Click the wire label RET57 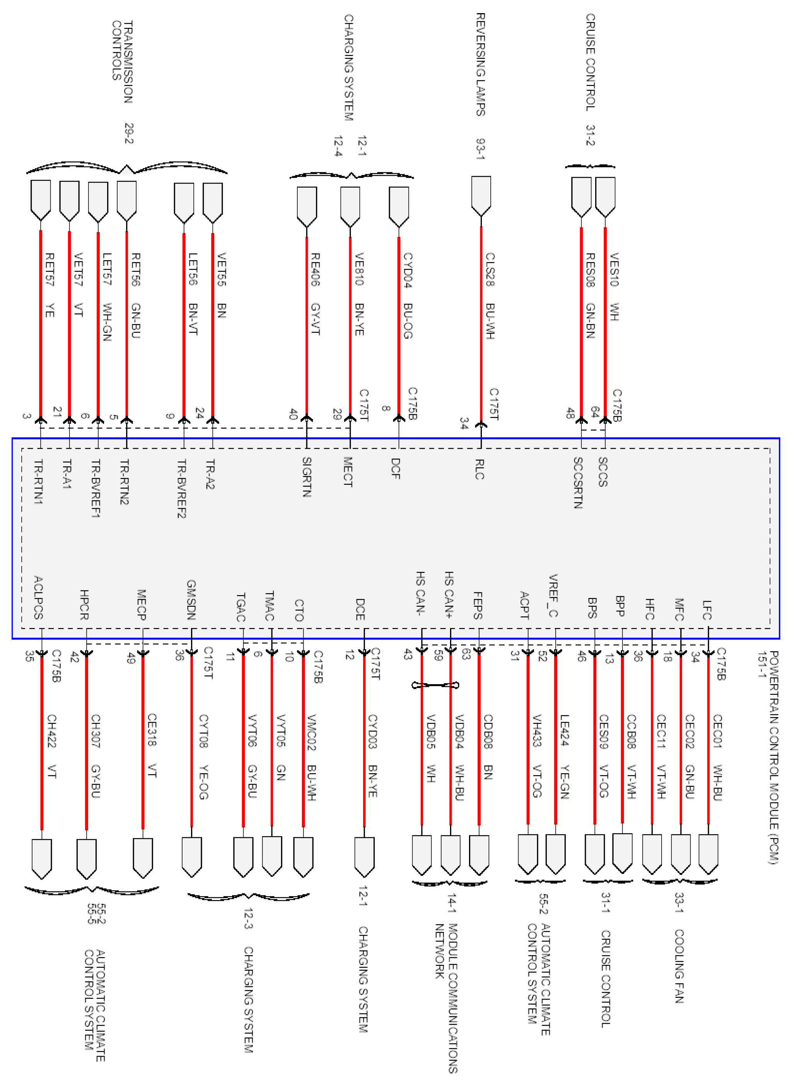coord(49,269)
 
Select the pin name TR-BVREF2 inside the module coord(181,488)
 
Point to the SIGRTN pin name coord(307,476)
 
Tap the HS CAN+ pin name coord(449,594)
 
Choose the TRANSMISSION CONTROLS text coord(122,62)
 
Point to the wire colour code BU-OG coord(408,321)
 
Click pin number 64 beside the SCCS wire coord(595,412)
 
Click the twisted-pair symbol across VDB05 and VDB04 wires coord(435,685)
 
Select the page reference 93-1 coord(480,149)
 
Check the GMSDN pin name coord(191,599)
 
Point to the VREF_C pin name coord(553,595)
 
